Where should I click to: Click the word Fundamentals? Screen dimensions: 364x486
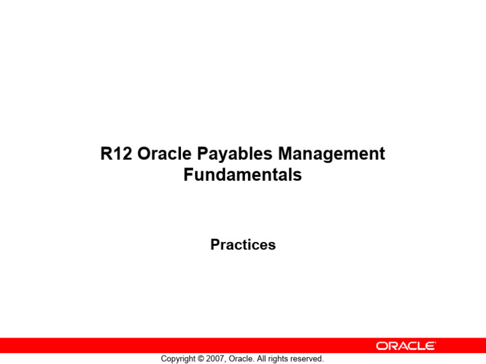coord(242,175)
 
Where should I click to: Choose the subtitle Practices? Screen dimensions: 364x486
coord(243,245)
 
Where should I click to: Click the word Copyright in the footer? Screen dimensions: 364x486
coord(180,359)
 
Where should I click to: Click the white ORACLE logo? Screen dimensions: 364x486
coord(406,346)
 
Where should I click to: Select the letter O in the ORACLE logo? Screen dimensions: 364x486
coord(382,346)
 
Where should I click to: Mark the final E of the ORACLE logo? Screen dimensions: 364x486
coord(430,346)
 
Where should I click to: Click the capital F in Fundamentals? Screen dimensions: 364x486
coord(189,175)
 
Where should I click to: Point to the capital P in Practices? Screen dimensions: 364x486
coord(215,245)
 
